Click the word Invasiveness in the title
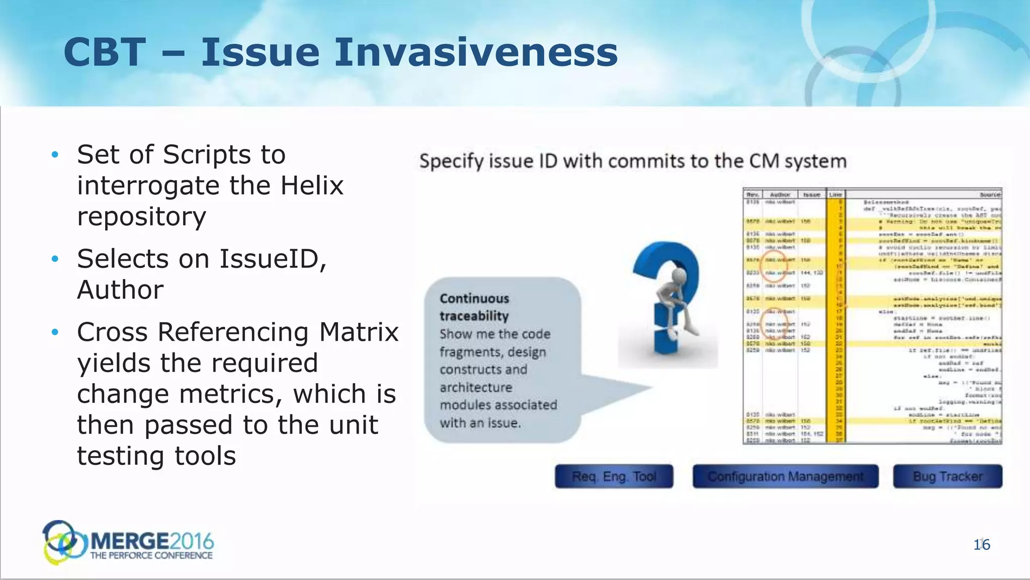tap(476, 52)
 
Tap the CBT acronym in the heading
tap(105, 52)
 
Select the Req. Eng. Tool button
tap(614, 476)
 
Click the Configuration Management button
tap(785, 476)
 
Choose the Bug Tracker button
tap(948, 476)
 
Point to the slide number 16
tap(982, 545)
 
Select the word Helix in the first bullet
tap(312, 185)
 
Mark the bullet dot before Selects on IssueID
tap(55, 259)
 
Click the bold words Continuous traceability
tap(474, 307)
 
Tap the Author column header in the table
tap(780, 194)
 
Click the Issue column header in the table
tap(811, 194)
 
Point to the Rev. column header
tap(753, 194)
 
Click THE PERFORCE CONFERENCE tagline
tap(151, 556)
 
